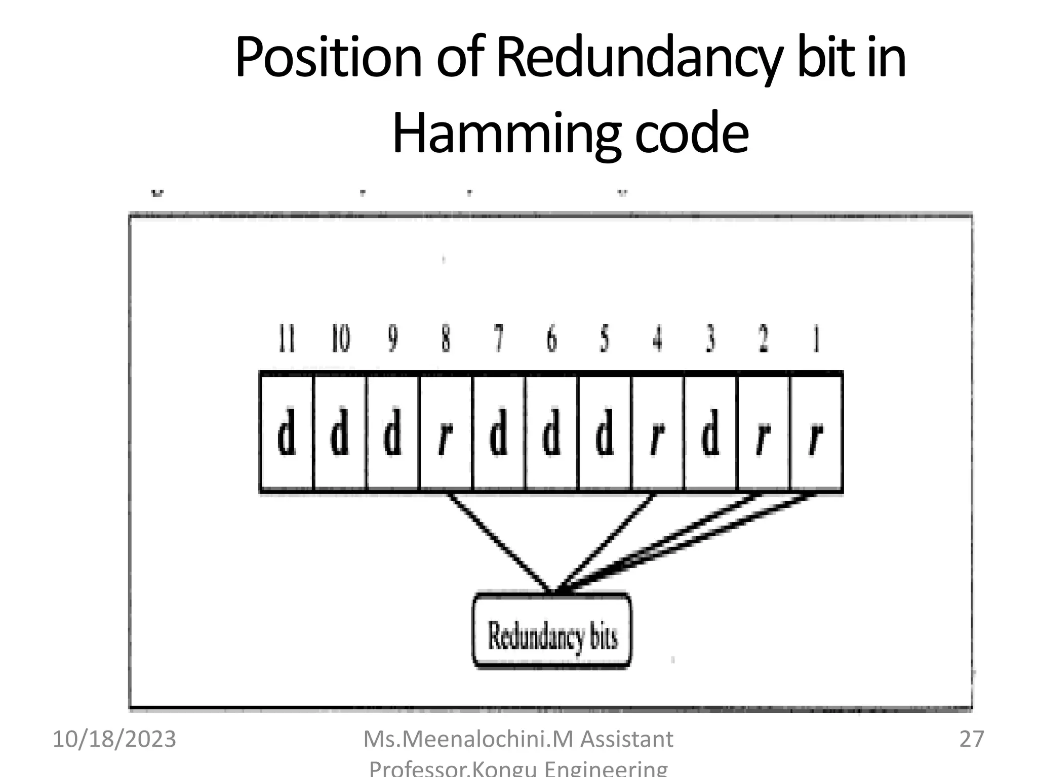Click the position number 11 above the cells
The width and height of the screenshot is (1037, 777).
pos(287,339)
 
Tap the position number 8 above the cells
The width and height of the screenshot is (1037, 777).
pos(446,339)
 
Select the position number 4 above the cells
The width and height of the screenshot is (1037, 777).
pos(657,339)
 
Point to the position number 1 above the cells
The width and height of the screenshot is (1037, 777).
pos(816,339)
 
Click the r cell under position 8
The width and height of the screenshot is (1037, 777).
pos(446,433)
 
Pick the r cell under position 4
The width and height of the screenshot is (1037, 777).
pos(657,433)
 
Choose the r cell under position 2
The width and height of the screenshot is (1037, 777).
pos(763,433)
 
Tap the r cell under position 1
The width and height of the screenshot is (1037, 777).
pos(816,433)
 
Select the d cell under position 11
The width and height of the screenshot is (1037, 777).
pos(287,433)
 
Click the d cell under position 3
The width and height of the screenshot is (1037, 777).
pos(710,433)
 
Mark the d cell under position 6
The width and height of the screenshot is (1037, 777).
pos(551,433)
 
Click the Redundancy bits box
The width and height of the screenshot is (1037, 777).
pos(552,631)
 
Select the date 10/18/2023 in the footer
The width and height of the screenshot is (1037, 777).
pos(114,739)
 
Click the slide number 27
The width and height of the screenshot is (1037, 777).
pos(971,739)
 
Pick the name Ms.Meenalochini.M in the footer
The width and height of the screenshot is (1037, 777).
pos(468,739)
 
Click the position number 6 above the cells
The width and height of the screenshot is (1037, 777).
pos(551,339)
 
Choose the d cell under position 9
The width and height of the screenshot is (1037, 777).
pos(392,433)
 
